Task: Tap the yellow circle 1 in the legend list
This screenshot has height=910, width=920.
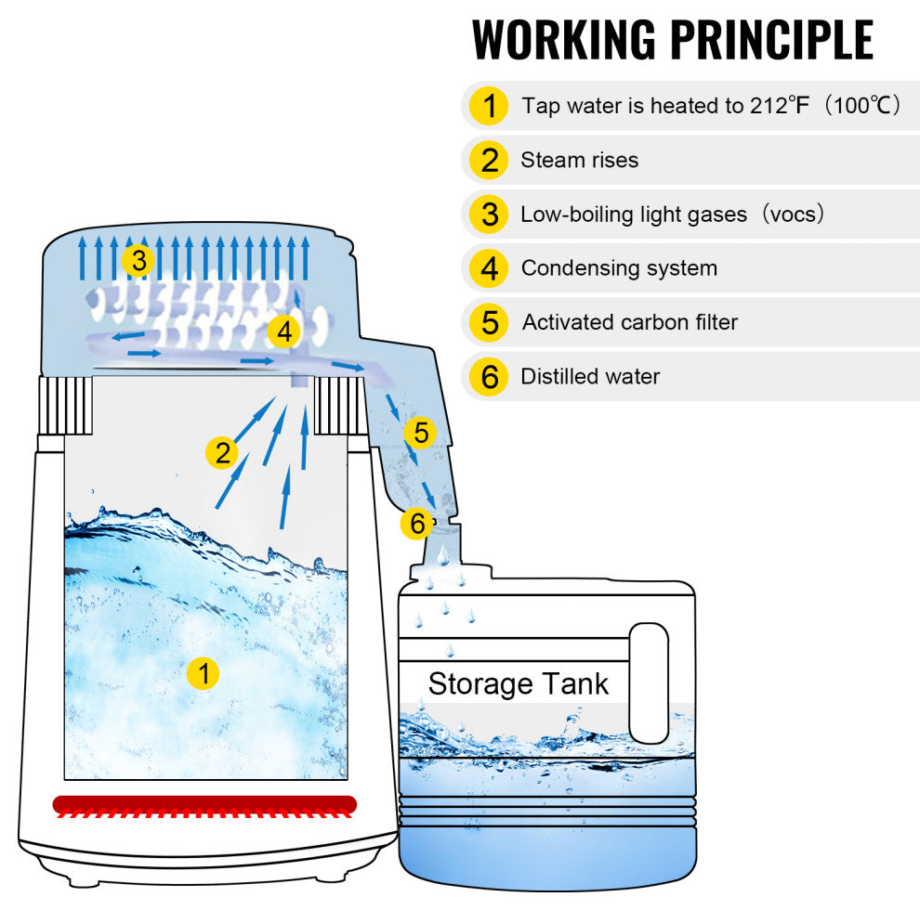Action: (x=488, y=106)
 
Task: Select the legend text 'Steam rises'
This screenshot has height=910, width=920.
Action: (x=579, y=160)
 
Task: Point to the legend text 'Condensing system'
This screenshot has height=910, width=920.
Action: (x=619, y=268)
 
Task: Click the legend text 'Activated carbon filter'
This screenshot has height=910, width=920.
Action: (x=629, y=322)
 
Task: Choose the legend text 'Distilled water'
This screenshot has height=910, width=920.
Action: (x=590, y=376)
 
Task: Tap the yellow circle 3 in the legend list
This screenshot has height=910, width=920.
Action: (x=488, y=214)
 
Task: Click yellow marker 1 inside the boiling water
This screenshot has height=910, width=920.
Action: (x=203, y=672)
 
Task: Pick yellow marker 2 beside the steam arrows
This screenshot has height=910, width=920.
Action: (x=222, y=453)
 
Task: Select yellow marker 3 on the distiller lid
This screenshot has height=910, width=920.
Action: (x=138, y=261)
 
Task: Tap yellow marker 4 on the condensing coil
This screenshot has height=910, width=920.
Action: (x=283, y=331)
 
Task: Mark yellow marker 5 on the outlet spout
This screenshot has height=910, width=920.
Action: (x=420, y=432)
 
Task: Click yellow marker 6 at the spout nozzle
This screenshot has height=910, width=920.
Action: (x=416, y=525)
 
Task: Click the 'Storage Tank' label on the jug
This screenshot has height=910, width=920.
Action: (x=518, y=684)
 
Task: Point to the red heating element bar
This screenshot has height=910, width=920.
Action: (x=204, y=803)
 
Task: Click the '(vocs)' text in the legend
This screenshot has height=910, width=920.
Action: (x=790, y=214)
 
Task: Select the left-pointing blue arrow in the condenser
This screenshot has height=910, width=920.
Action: (x=129, y=335)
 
